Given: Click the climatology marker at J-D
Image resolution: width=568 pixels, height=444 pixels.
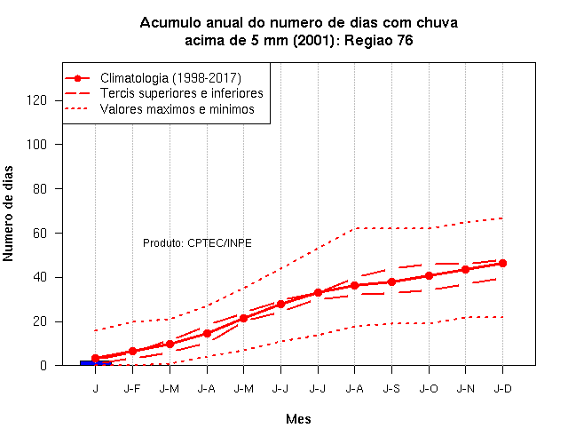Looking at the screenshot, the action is click(x=502, y=264).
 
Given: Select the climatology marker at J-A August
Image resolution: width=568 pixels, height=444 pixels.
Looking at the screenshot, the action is click(x=355, y=286).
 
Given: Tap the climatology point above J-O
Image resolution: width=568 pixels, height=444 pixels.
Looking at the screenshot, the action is click(x=429, y=276).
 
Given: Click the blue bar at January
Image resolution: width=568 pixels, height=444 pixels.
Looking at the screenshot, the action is click(x=96, y=363).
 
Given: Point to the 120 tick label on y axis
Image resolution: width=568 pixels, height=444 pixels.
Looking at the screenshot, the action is click(x=36, y=100).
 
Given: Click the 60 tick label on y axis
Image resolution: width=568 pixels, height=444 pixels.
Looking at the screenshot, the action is click(x=40, y=233).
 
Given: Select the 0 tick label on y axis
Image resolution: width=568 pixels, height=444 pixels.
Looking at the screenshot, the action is click(x=43, y=365).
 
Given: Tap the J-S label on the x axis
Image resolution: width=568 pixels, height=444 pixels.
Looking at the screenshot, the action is click(x=391, y=389).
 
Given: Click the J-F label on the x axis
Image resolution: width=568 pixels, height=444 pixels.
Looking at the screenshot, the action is click(x=132, y=389).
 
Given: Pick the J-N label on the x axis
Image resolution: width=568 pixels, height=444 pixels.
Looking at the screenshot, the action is click(x=465, y=389).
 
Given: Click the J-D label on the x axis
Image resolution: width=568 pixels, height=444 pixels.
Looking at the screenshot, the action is click(x=503, y=389).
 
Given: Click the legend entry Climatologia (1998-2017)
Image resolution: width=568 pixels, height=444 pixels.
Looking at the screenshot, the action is click(x=170, y=78).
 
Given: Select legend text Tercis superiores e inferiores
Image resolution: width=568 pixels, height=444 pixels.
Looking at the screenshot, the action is click(x=181, y=93).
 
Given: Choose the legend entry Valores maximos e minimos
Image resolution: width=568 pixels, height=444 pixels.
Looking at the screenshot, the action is click(x=177, y=109).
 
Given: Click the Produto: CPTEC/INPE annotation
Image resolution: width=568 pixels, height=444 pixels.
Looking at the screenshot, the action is click(x=197, y=242).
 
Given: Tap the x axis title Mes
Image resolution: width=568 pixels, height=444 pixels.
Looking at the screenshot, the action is click(x=298, y=419).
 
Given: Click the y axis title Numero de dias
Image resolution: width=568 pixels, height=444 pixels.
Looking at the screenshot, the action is click(x=8, y=213).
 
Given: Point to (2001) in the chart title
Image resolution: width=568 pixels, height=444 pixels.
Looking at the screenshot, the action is click(x=313, y=40).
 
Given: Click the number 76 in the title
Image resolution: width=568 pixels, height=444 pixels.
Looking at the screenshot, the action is click(x=405, y=40).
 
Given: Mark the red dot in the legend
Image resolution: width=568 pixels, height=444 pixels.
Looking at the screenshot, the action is click(x=77, y=78).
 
